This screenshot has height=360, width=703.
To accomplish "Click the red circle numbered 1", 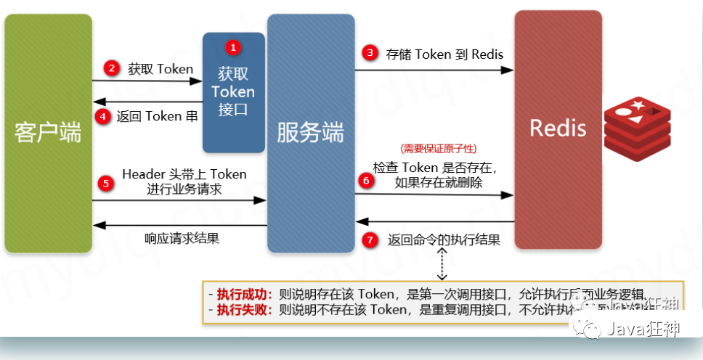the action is click(x=232, y=47).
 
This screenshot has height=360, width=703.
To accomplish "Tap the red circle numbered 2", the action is click(x=111, y=69).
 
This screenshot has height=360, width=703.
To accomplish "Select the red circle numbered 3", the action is click(x=370, y=53).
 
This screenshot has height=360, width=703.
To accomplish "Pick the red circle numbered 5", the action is click(x=107, y=183).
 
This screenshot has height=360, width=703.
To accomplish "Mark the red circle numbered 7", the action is click(x=371, y=240).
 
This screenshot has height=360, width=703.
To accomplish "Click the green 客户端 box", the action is click(x=48, y=134).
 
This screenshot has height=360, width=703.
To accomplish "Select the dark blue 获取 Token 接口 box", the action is click(x=233, y=93).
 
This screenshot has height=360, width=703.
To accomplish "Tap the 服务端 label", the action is click(x=310, y=134).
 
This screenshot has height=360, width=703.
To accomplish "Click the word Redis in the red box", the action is click(x=558, y=128).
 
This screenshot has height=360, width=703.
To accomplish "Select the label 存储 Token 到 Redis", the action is click(x=444, y=54).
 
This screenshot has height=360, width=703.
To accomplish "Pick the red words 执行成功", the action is click(x=243, y=294).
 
